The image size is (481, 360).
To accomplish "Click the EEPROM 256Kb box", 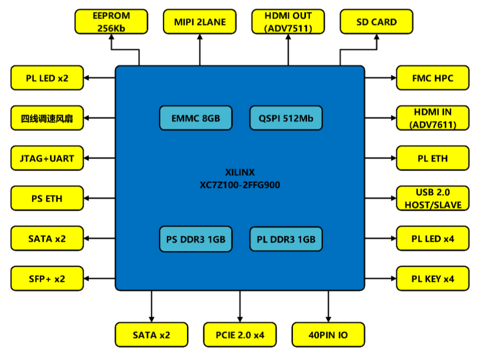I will tap(111, 22).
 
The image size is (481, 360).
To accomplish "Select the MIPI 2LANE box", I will tap(199, 22).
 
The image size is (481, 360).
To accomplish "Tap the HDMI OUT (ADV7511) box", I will tap(288, 22).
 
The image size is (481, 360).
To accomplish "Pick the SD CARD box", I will tap(376, 22).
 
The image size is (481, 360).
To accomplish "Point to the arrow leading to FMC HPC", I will tap(380, 78).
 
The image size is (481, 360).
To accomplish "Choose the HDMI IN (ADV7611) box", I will tap(433, 118).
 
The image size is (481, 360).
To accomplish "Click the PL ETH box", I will tap(433, 158).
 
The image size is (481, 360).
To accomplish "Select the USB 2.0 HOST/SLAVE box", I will tap(433, 198).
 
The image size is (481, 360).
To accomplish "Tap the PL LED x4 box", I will tap(433, 238).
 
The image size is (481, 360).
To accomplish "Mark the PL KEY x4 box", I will tap(433, 279).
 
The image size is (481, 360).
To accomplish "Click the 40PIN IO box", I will tap(328, 334).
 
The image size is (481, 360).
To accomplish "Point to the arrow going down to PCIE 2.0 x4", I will tap(240, 307).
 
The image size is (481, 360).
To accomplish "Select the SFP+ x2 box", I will tap(47, 279).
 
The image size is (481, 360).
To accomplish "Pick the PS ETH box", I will tap(47, 198).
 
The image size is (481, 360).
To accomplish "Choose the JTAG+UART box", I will tap(47, 158).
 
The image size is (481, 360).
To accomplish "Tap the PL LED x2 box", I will tap(47, 78).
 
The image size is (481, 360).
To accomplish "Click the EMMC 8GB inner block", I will tap(196, 118).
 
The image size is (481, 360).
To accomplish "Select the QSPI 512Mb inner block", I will tap(286, 118).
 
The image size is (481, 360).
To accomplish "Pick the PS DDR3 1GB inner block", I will tap(196, 238).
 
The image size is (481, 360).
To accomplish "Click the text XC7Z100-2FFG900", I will tap(240, 185).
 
